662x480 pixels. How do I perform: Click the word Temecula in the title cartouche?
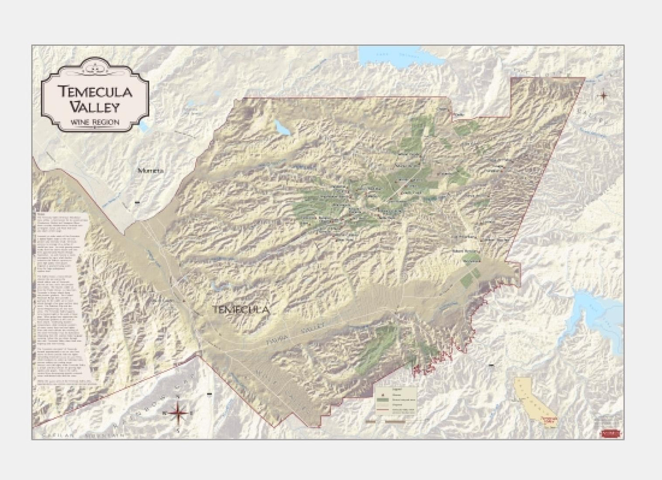click(96, 91)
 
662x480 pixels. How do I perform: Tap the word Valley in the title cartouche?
click(95, 107)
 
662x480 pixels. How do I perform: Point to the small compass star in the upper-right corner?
click(604, 95)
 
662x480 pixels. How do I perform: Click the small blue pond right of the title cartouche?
click(145, 126)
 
